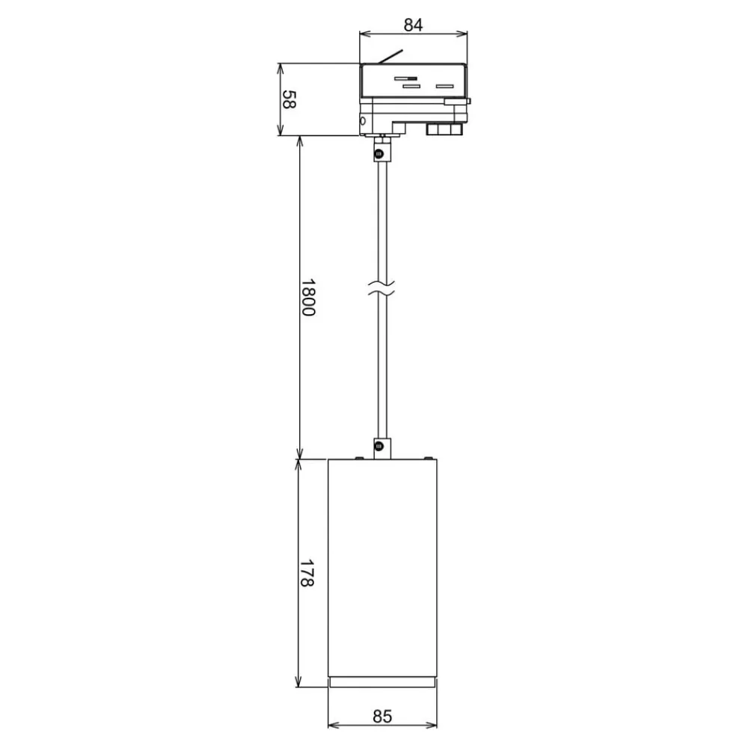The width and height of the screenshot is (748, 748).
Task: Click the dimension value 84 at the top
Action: (x=413, y=25)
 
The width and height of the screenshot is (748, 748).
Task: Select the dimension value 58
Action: (x=289, y=99)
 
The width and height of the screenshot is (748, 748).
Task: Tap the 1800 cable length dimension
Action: (x=308, y=298)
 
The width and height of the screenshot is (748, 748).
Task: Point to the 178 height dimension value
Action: (x=306, y=573)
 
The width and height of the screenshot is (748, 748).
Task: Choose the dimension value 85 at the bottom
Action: (x=382, y=717)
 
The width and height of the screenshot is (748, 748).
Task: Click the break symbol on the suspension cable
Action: (x=381, y=288)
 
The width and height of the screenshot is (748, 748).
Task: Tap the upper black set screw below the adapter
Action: (x=379, y=153)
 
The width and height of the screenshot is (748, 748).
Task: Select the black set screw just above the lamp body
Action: (x=379, y=447)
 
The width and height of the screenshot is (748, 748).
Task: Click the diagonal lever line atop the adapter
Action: (x=390, y=56)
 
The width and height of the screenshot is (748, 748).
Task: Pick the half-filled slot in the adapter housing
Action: (x=405, y=79)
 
